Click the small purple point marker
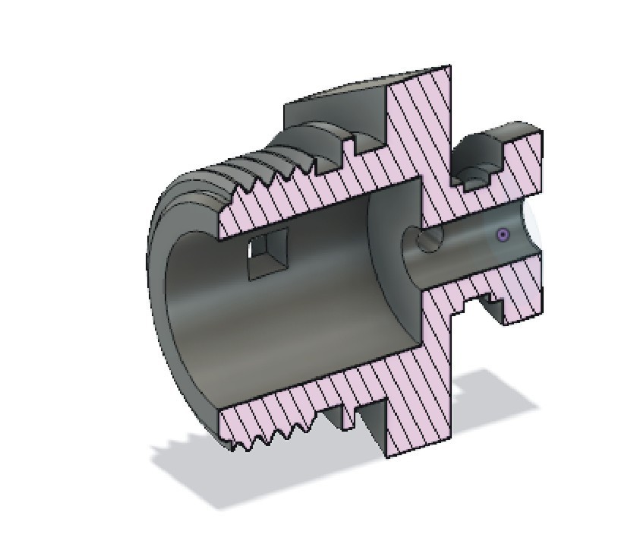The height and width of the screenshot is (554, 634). pyautogui.click(x=503, y=236)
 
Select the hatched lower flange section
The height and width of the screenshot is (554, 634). pyautogui.click(x=421, y=395)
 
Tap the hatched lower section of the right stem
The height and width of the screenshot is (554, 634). pyautogui.click(x=516, y=293)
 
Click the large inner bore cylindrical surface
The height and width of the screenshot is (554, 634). pyautogui.click(x=304, y=319)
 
